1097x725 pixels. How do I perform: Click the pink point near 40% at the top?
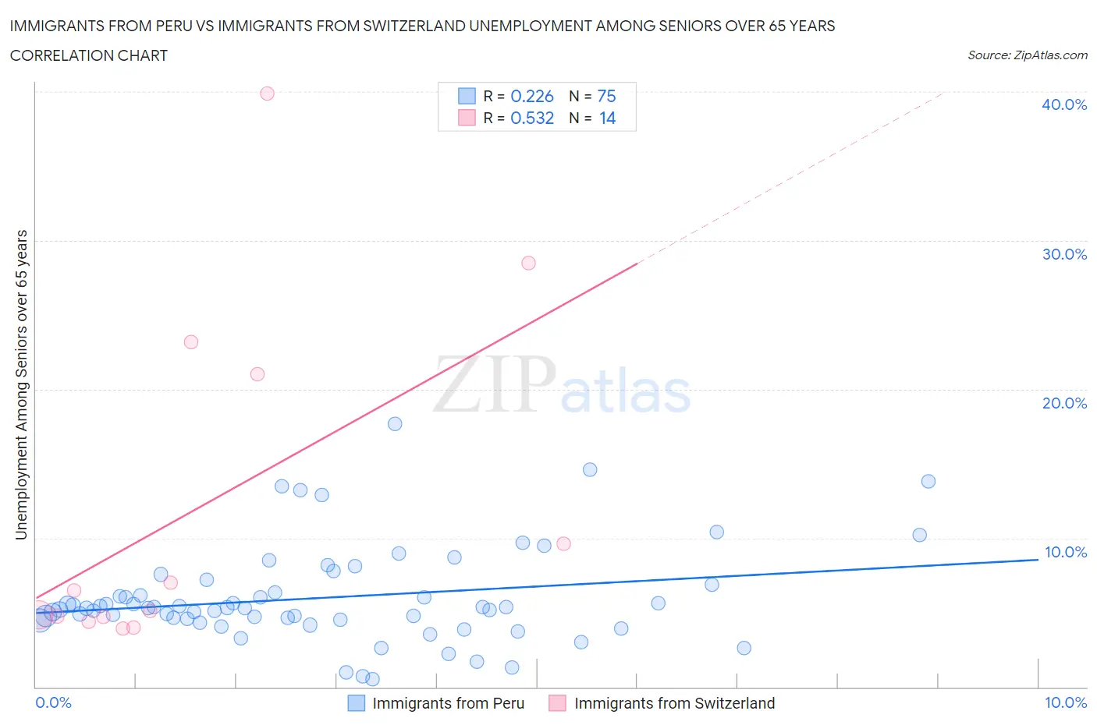click(x=267, y=94)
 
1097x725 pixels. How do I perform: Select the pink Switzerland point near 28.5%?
click(x=528, y=263)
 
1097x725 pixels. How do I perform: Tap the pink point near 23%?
click(x=191, y=342)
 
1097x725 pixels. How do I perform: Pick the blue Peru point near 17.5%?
click(x=395, y=424)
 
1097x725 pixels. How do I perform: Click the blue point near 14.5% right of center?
click(x=590, y=470)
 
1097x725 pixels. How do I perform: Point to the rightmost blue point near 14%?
click(x=928, y=482)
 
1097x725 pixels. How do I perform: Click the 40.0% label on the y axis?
click(x=1064, y=105)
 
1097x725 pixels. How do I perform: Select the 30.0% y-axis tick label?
click(x=1064, y=254)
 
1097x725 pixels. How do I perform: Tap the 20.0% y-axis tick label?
click(x=1064, y=403)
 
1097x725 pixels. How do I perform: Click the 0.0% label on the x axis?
click(x=53, y=703)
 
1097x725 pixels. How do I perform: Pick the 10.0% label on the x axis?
click(x=1065, y=703)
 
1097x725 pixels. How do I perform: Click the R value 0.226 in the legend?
click(x=531, y=97)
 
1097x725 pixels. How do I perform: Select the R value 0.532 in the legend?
click(x=531, y=118)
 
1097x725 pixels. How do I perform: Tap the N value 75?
click(x=606, y=97)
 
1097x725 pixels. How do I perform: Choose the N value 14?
click(x=607, y=118)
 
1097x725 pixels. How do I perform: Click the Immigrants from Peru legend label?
click(x=448, y=704)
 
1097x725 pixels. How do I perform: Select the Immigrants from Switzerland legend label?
click(x=674, y=704)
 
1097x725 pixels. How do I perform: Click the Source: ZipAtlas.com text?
click(x=1027, y=55)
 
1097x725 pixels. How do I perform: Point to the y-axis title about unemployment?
click(x=22, y=385)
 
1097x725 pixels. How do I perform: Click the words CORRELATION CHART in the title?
click(x=89, y=56)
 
